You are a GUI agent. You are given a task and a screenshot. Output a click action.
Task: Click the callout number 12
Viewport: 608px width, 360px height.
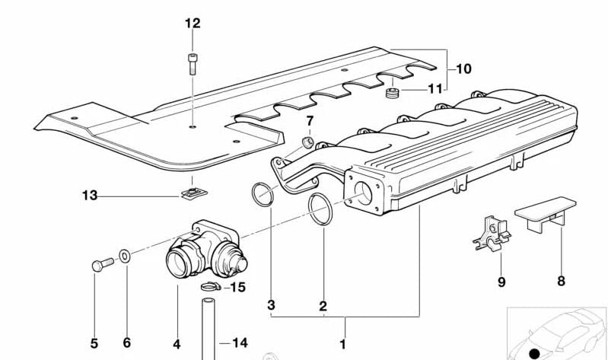point(193,24)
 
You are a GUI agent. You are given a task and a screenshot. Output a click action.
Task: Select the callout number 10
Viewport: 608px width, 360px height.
point(463,69)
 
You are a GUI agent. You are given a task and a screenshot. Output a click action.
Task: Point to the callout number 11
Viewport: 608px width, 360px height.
point(435,89)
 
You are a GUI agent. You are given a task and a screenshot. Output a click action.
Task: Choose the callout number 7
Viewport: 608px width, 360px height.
point(310,121)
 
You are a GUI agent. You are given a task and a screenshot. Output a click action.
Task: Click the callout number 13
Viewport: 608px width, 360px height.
point(91,196)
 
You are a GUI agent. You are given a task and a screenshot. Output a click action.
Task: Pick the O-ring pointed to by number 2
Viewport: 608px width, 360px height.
point(321,210)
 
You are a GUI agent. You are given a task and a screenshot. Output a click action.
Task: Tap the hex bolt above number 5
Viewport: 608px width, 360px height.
point(100,264)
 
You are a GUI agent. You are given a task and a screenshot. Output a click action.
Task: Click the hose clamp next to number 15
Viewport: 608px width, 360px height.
point(211,287)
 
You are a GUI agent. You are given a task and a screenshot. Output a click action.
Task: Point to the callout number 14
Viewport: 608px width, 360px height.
point(240,343)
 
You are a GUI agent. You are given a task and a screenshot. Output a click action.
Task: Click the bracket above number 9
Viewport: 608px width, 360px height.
point(490,231)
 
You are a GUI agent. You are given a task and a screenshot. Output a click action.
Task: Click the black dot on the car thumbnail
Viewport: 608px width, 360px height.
point(534,353)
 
